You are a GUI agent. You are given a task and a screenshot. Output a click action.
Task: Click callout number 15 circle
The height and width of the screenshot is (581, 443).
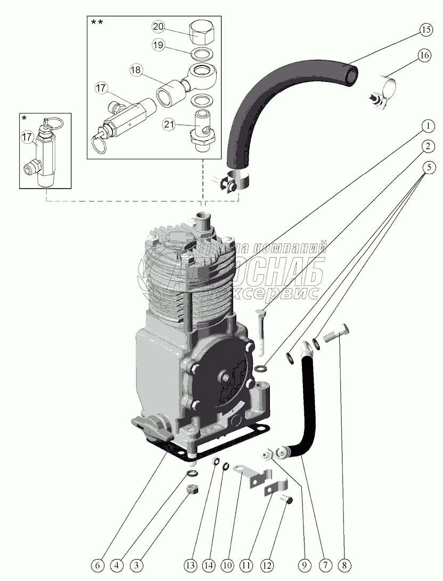[x=424, y=30]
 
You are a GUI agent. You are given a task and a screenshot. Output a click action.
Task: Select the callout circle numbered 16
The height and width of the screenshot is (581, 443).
[x=424, y=56]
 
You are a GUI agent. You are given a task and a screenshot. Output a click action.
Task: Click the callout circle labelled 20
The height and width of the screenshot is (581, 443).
[x=159, y=26]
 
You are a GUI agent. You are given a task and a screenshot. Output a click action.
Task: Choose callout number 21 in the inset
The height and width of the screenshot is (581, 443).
[x=169, y=125]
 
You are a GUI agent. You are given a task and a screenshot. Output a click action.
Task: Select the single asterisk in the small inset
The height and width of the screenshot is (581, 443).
[x=23, y=117]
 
